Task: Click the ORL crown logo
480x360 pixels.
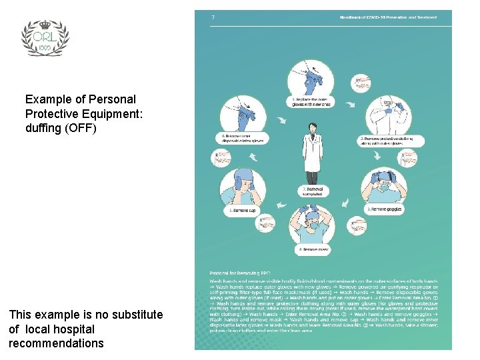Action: pos(45,37)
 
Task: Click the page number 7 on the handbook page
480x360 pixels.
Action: pos(213,17)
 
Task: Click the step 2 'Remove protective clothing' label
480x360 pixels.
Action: pos(386,140)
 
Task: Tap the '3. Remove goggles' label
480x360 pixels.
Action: pos(385,209)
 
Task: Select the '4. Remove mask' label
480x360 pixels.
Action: pos(313,250)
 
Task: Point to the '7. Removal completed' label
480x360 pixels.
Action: pos(313,191)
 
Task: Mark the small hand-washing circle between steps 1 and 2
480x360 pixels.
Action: pos(361,83)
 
